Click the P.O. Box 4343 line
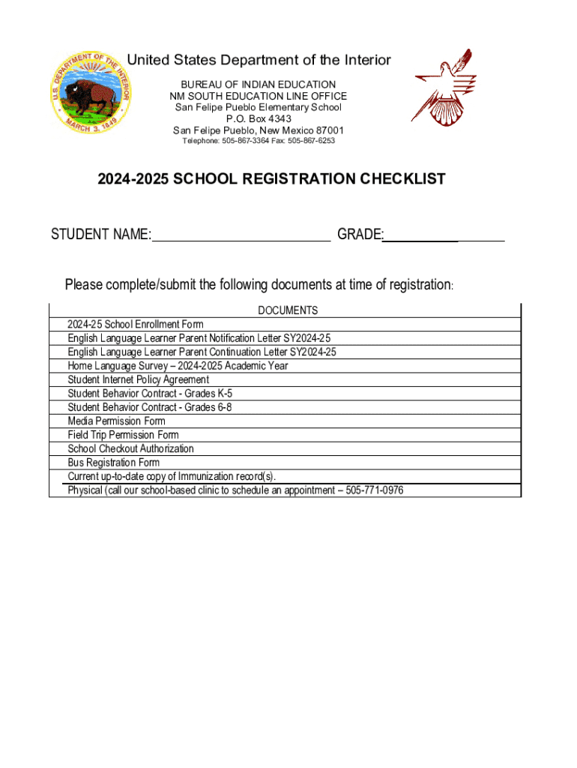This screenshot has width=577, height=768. [x=259, y=118]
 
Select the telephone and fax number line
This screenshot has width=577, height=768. [x=259, y=141]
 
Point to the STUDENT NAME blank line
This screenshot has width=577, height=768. [x=241, y=235]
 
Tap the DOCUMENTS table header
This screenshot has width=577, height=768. [x=288, y=310]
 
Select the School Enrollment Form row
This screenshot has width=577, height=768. [x=136, y=325]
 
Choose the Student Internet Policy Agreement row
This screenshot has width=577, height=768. [x=139, y=379]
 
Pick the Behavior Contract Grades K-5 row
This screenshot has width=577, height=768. [x=150, y=394]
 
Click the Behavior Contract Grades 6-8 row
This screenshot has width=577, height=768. [x=150, y=407]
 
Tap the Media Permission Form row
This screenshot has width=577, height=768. [x=116, y=421]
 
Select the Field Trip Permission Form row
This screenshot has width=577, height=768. [x=123, y=435]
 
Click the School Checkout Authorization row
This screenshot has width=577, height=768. [x=130, y=448]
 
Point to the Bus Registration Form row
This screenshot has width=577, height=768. [x=113, y=463]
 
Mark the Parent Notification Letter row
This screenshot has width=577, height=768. [x=199, y=338]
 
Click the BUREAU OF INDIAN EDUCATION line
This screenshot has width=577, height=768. [x=259, y=85]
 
